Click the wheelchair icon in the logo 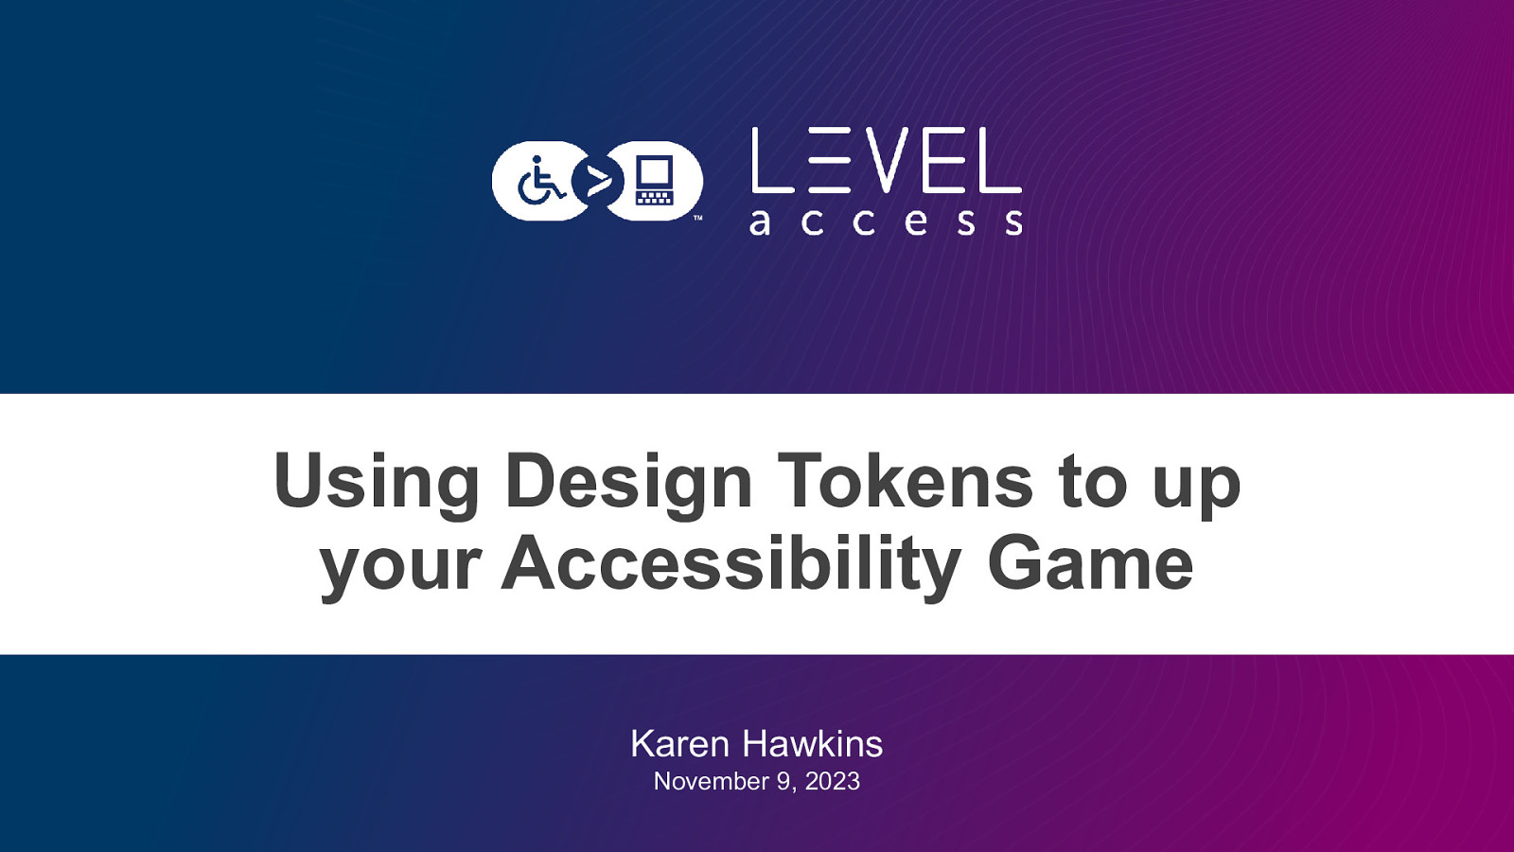pos(540,180)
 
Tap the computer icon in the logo pos(654,181)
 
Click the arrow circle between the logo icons pos(597,181)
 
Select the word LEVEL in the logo pos(886,160)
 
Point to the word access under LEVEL pos(886,222)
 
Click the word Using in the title pos(377,482)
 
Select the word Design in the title pos(629,482)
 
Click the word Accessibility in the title pos(731,564)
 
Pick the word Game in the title pos(1090,562)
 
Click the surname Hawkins pos(813,744)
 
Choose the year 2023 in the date pos(833,782)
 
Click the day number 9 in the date pos(784,782)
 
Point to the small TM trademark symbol pos(698,219)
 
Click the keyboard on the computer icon pos(654,197)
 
